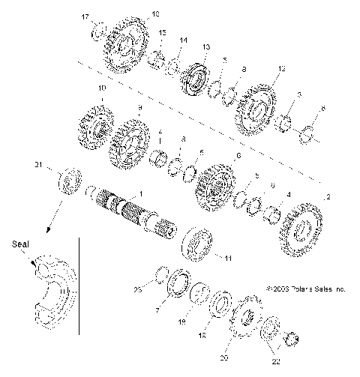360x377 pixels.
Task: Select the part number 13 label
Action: (205, 46)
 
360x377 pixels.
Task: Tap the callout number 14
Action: (184, 40)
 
